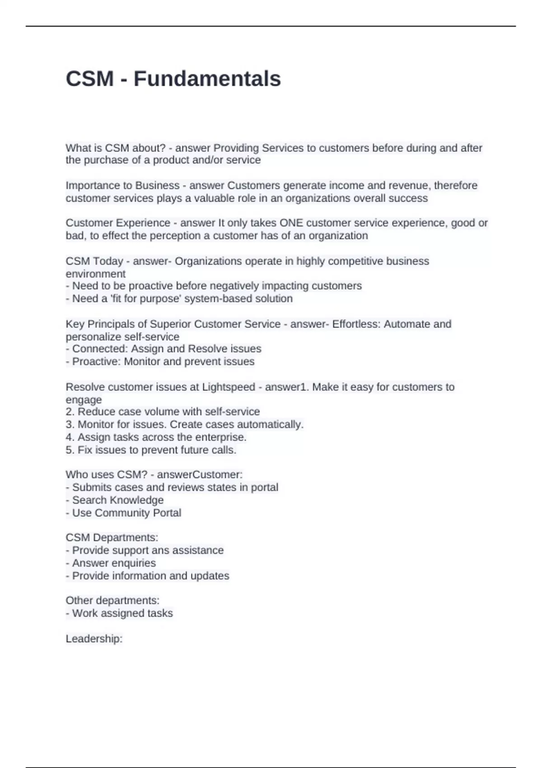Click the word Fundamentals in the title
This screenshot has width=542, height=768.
coord(207,79)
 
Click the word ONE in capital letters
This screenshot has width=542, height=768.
coord(291,223)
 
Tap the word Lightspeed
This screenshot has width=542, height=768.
coord(229,387)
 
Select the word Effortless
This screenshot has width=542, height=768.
coord(356,324)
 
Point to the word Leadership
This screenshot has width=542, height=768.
coord(93,638)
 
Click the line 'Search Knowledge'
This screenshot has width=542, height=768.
coord(117,500)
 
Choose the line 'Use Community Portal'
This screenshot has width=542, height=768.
coord(126,513)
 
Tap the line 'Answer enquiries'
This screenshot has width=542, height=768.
coord(114,563)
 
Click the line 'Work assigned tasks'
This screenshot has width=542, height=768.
coord(122,613)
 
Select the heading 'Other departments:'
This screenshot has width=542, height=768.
coord(112,600)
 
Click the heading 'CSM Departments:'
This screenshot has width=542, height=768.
coord(112,538)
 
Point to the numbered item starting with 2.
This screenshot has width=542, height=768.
coord(163,412)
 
